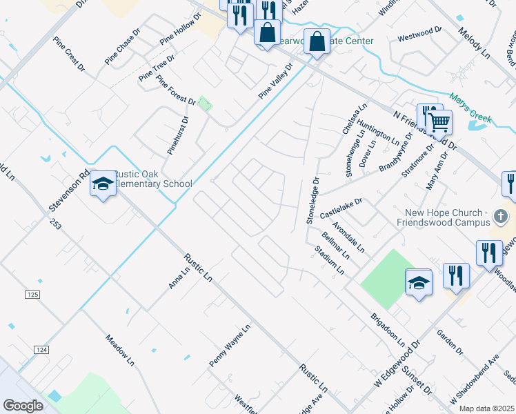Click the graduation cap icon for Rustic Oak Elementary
click(x=103, y=184)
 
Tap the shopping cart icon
click(x=439, y=123)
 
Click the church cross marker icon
click(x=502, y=218)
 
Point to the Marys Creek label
click(x=470, y=109)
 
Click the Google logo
click(x=23, y=405)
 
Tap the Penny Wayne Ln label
click(x=229, y=346)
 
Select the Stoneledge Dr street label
click(x=312, y=200)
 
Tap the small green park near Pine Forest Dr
click(x=205, y=103)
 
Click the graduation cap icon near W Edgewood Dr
click(x=419, y=282)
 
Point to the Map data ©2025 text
click(x=487, y=408)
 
